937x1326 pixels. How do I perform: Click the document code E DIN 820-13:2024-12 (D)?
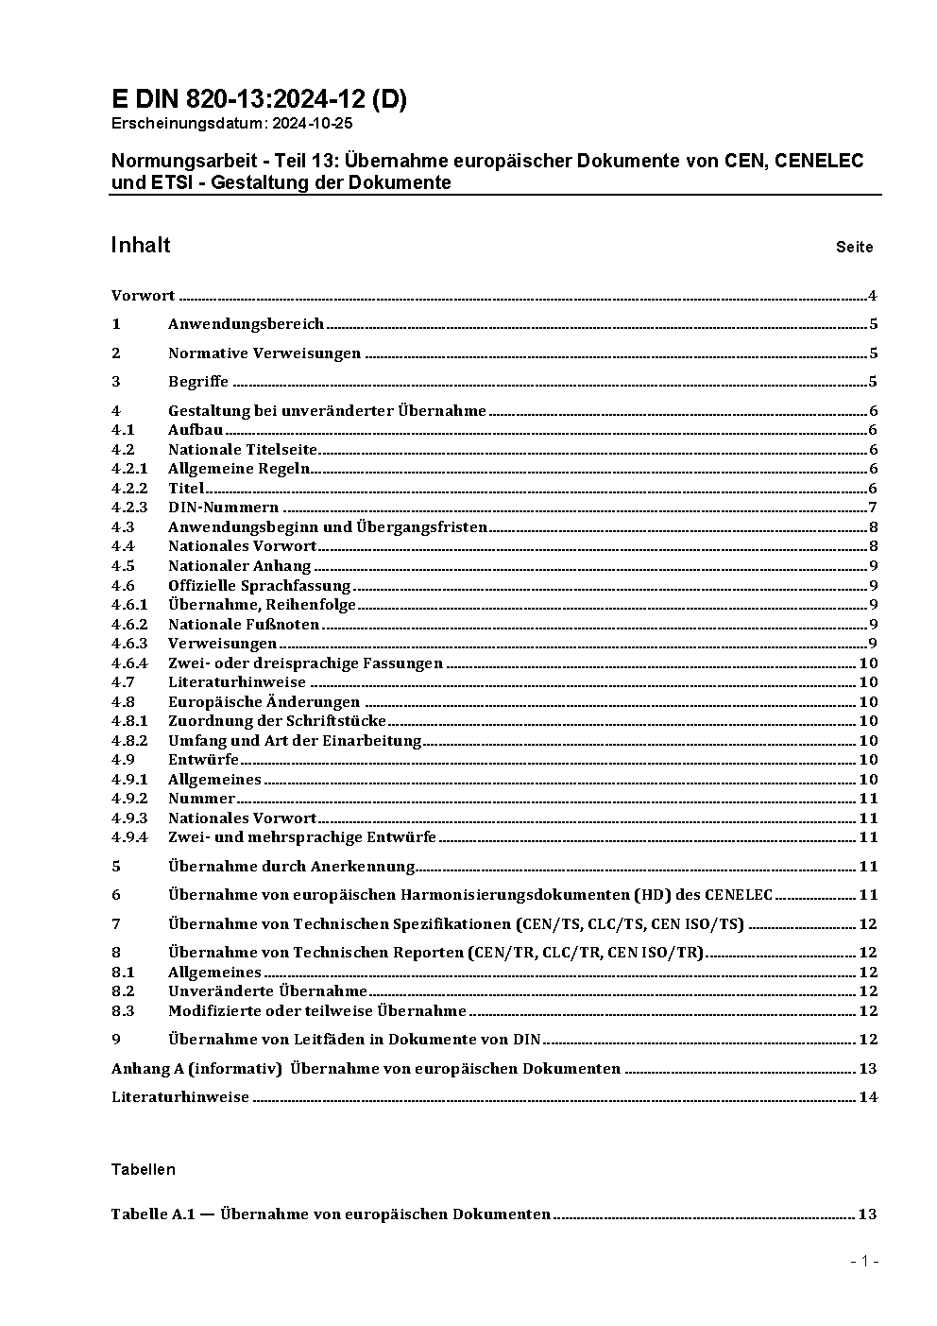coord(259,99)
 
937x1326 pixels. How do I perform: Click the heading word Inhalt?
coord(141,245)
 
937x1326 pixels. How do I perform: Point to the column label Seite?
coord(854,248)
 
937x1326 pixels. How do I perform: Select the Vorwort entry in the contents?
coord(143,296)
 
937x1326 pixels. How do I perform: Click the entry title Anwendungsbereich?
coord(246,324)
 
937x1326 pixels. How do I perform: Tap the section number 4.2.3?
coord(129,508)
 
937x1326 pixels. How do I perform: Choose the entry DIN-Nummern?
coord(223,508)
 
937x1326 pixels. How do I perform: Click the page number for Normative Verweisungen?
coord(874,353)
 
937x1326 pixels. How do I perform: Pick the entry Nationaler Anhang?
coord(239,566)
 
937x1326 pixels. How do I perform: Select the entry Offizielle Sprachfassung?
coord(259,586)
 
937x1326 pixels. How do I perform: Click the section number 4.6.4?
coord(129,663)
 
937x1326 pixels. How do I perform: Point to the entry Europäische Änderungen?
coord(264,702)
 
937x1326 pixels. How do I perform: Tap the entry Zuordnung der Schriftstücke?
coord(277,721)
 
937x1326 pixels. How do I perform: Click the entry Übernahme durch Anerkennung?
coord(291,867)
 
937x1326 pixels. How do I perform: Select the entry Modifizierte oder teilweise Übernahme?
coord(316,1011)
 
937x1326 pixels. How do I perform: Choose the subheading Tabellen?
coord(143,1169)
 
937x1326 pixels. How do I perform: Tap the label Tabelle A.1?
coord(152,1214)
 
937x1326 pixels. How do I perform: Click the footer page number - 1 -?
coord(864,1261)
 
